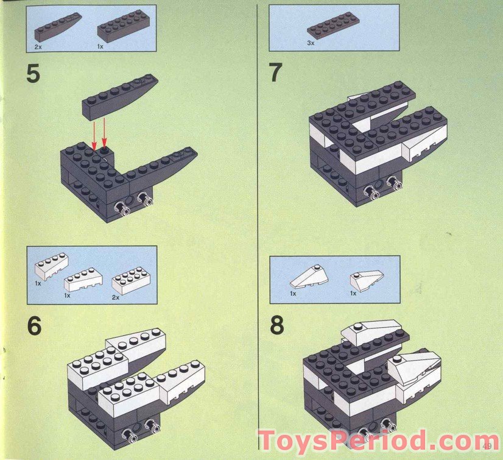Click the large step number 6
tap(34, 326)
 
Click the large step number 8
tap(277, 325)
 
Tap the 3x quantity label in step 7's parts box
tap(310, 43)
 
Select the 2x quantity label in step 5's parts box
tap(37, 46)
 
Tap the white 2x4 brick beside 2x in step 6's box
tap(131, 281)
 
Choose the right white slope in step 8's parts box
tap(367, 280)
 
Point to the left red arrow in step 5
tap(94, 133)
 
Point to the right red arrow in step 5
tap(105, 133)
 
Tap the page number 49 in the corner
tap(490, 451)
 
